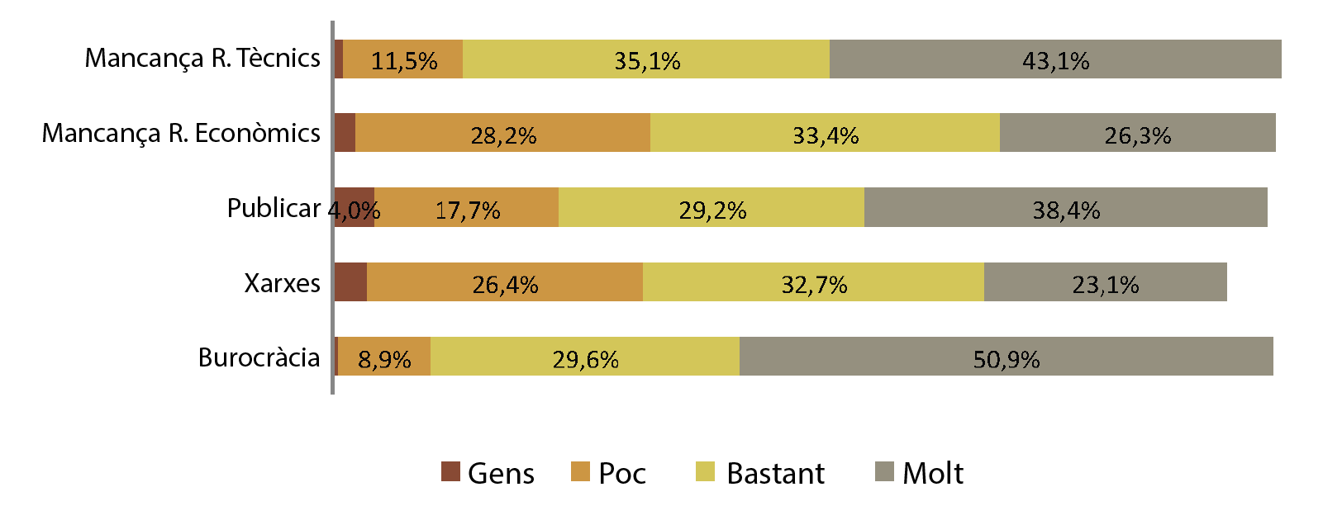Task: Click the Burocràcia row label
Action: (259, 357)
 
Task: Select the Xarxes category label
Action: (282, 283)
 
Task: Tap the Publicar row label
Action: (274, 208)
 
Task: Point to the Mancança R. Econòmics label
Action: (181, 133)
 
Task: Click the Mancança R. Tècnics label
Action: (202, 58)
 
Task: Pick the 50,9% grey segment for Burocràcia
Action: (1006, 357)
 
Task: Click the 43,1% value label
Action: (1055, 61)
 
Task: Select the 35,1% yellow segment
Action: (646, 59)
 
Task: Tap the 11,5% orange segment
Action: (403, 59)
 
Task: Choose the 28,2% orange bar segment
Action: (502, 133)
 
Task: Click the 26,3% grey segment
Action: (1137, 133)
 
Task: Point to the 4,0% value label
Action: (355, 210)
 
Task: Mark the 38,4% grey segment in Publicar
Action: (1065, 207)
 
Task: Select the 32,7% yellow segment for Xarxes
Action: (813, 282)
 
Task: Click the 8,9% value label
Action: (384, 360)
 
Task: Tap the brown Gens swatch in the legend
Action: (450, 472)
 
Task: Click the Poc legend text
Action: (621, 473)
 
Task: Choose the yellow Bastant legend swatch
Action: (705, 472)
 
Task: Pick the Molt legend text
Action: (933, 473)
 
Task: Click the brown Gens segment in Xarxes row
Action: (351, 282)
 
